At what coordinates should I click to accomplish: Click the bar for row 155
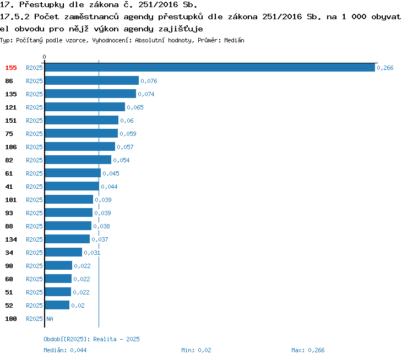(x=209, y=68)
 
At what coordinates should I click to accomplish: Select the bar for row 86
(x=91, y=81)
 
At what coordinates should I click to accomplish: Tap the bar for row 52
(x=57, y=306)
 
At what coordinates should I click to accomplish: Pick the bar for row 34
(x=63, y=253)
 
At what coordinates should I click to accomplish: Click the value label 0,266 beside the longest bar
(x=385, y=68)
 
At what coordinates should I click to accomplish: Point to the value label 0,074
(x=146, y=94)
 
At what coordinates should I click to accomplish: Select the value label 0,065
(x=135, y=107)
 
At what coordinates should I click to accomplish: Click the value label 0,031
(x=92, y=253)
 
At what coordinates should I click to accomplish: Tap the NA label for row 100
(x=50, y=319)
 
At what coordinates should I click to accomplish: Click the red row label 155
(x=11, y=68)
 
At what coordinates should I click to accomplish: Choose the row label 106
(x=11, y=147)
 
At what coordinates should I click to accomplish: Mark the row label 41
(x=9, y=187)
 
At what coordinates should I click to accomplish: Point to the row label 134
(x=11, y=239)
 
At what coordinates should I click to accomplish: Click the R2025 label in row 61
(x=34, y=173)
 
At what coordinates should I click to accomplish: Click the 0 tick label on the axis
(x=45, y=57)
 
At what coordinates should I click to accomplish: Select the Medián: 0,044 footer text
(x=65, y=350)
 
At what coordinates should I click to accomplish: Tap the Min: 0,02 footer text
(x=196, y=350)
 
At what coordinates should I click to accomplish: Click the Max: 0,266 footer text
(x=308, y=350)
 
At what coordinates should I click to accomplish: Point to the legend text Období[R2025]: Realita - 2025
(x=91, y=339)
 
